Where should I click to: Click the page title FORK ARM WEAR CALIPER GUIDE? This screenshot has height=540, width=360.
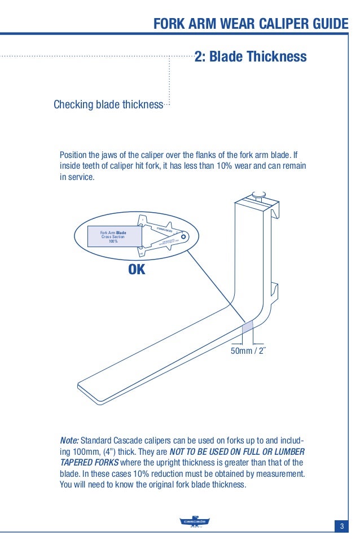(x=251, y=24)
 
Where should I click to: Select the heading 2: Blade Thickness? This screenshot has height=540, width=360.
(x=251, y=57)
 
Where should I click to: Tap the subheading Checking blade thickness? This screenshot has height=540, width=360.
(x=108, y=105)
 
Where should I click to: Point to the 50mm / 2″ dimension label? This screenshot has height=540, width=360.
(x=248, y=352)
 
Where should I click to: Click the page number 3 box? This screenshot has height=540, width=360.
(x=341, y=526)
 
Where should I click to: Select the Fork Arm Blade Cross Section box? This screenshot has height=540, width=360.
(x=113, y=237)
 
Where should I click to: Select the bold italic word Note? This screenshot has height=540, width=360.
(x=69, y=440)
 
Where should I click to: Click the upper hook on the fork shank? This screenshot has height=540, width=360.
(x=276, y=212)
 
